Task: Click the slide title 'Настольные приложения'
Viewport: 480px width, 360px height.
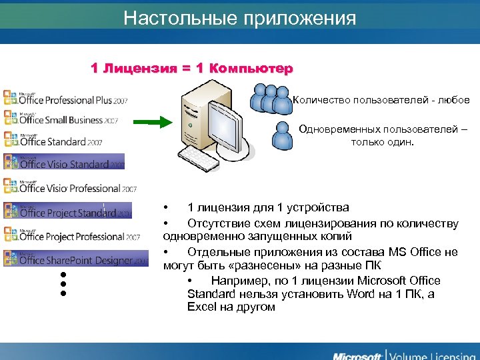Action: click(240, 18)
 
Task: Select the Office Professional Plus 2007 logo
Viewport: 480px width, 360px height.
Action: click(65, 99)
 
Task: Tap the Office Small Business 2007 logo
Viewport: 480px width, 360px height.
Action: click(61, 119)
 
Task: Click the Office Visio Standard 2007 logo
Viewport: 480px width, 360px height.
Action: click(64, 163)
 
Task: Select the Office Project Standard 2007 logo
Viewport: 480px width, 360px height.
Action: click(67, 211)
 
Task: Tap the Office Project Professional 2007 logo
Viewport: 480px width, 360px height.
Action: click(71, 235)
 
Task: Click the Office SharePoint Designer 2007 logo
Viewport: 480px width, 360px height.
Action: click(75, 259)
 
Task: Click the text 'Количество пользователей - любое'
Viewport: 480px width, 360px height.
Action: click(381, 100)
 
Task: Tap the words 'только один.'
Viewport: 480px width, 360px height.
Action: click(383, 141)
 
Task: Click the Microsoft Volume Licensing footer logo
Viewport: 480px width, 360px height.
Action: click(403, 353)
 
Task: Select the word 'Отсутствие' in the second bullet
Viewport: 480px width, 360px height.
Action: click(217, 223)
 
